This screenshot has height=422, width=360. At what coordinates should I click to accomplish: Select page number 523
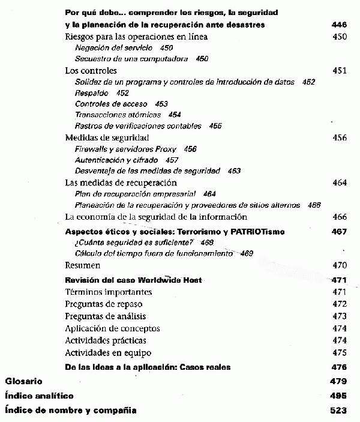pos(338,411)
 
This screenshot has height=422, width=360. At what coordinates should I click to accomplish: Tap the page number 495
pos(338,396)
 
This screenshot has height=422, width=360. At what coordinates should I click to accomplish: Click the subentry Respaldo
pos(92,93)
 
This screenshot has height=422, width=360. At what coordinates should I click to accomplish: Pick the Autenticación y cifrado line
pos(116,160)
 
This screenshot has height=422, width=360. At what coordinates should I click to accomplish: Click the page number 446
pos(339,25)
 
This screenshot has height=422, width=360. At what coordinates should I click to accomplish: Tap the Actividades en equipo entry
pos(108,352)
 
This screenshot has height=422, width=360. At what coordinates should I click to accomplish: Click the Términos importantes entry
pos(108,292)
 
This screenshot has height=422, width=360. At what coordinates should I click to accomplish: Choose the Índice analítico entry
pos(39,396)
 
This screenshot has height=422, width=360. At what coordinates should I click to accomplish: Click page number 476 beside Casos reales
pos(339,367)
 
